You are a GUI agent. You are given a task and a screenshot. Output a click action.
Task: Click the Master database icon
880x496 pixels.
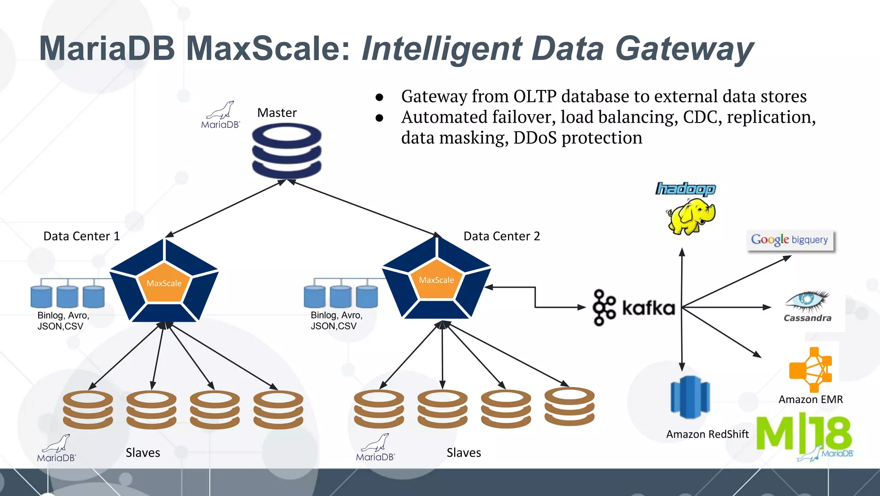click(287, 151)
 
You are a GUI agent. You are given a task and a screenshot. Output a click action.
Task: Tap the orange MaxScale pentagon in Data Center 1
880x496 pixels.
click(164, 283)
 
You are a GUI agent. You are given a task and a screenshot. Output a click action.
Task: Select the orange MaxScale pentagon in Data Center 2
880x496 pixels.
click(437, 280)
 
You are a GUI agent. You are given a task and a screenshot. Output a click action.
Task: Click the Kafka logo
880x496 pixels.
click(633, 308)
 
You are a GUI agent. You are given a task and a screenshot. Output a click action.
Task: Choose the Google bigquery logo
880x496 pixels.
click(790, 240)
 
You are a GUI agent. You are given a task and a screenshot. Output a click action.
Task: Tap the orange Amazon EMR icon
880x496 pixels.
click(810, 370)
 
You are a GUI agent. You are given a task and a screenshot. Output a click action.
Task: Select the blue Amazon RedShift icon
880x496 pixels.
click(690, 397)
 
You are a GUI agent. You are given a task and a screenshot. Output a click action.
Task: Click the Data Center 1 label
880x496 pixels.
click(82, 236)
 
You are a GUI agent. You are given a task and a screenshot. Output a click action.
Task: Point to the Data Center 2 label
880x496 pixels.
click(501, 236)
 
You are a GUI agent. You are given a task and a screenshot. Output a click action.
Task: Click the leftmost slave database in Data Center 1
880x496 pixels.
click(88, 410)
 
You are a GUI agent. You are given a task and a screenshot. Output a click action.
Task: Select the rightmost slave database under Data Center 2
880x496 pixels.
click(569, 407)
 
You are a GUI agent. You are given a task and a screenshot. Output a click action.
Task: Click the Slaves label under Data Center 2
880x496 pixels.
click(464, 453)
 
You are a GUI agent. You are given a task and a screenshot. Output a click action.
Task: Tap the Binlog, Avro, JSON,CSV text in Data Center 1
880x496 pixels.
click(63, 320)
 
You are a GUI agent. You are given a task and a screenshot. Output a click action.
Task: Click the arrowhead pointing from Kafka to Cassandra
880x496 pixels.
click(767, 307)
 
